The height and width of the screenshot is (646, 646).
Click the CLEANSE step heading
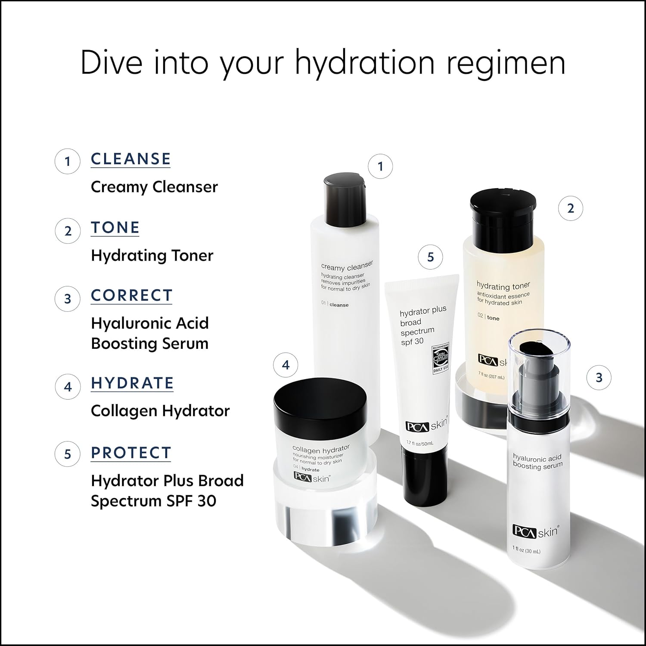coord(130,159)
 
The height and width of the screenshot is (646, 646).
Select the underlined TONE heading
coord(115,227)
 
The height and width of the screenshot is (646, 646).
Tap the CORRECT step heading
coord(131,295)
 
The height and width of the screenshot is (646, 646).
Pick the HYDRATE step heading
coord(132,383)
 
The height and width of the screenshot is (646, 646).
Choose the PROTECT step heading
coord(131,453)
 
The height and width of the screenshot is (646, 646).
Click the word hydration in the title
coord(365,62)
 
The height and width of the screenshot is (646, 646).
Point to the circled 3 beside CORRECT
coord(68,298)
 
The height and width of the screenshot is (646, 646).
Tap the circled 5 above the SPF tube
coord(430,257)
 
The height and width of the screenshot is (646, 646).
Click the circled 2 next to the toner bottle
coord(571,208)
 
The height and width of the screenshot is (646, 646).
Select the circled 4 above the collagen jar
coord(286,365)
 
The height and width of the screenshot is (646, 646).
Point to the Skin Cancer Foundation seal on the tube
coord(441,357)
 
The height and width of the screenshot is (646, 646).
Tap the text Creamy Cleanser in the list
coord(154,187)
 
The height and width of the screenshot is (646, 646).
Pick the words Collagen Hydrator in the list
coord(160,411)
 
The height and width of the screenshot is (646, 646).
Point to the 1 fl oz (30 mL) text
coord(526,551)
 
